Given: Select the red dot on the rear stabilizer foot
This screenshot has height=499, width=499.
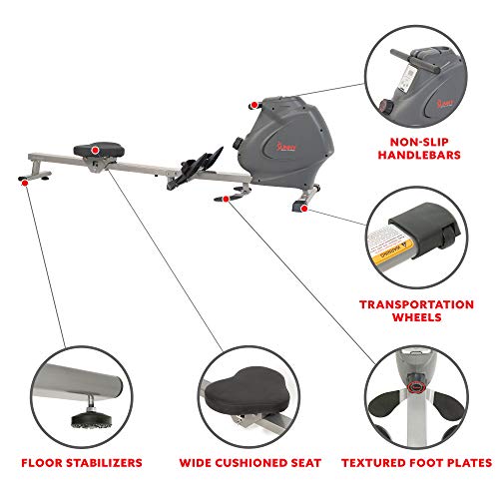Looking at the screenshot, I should pos(22,183).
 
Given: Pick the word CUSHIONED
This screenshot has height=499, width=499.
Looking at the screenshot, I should pos(252,461).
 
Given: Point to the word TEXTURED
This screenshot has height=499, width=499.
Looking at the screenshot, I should pos(376,461).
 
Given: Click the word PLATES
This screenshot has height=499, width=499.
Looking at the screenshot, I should pos(467,461).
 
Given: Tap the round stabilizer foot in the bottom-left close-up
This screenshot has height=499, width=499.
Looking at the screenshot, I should pos(73,411).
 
